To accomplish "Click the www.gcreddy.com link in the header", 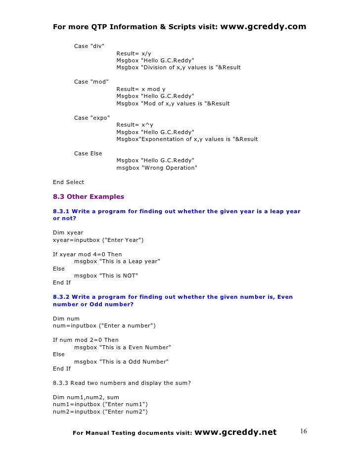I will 262,26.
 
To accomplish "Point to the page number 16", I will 303,432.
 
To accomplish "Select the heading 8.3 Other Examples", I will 89,197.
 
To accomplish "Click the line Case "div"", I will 89,46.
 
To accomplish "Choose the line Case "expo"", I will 92,117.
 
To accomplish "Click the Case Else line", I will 88,153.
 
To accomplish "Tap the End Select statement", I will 68,182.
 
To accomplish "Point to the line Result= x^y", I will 135,125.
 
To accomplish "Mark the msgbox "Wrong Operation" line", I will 157,168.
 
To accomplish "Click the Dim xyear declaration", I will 68,233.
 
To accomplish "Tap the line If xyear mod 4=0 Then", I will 87,254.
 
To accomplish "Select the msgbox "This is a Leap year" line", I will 117,261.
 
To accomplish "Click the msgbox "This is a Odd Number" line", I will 121,362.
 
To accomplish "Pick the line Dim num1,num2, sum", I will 86,397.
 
